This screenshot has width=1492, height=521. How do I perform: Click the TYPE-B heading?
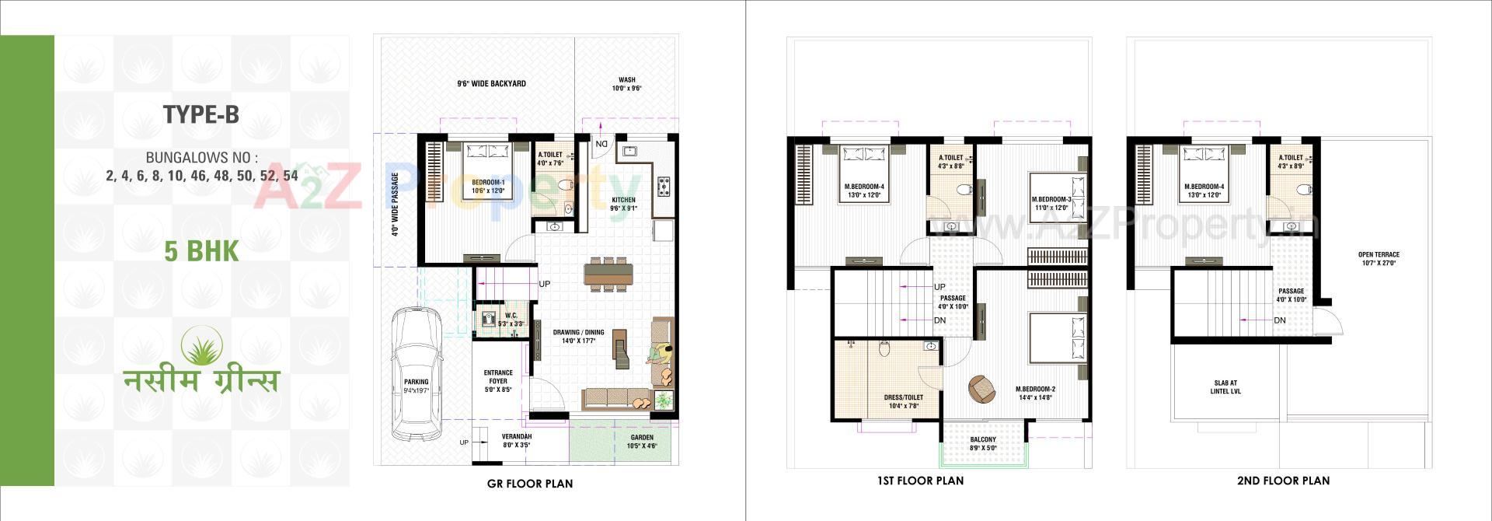pos(200,115)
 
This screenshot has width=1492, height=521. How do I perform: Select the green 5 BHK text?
pos(201,251)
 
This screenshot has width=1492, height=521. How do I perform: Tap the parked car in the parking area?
pos(417,373)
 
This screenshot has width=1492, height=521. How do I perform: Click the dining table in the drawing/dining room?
pos(608,274)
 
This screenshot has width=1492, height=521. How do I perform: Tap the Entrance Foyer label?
pos(498,376)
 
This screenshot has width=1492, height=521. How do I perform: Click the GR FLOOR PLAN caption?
pos(530,483)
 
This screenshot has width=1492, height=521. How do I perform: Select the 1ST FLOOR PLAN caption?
pos(920,481)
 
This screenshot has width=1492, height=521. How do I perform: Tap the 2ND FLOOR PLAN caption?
pos(1283,481)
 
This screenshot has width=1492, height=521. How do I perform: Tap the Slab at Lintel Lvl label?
pos(1225,386)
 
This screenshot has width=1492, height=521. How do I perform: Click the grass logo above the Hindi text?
pos(202,345)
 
